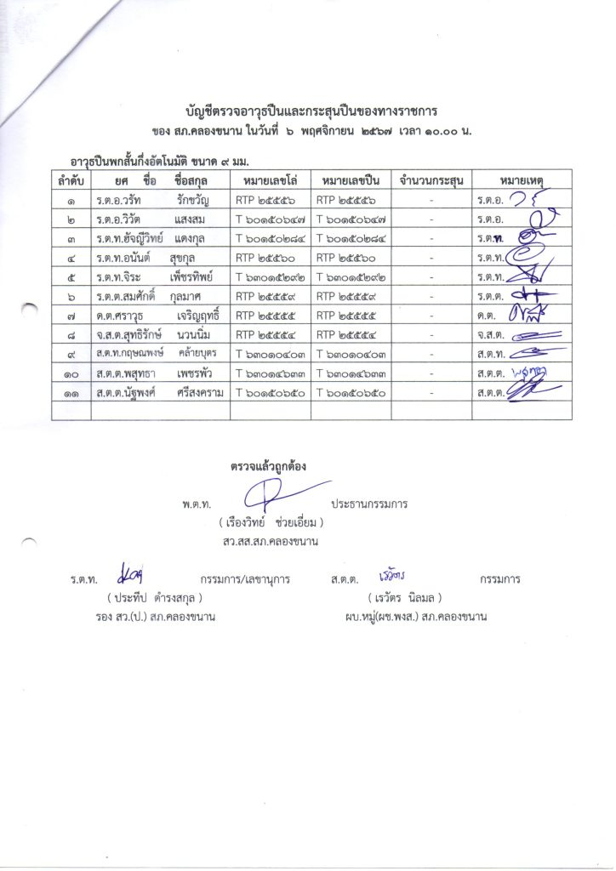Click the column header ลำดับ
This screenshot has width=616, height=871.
pos(71,180)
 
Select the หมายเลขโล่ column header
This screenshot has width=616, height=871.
pos(270,180)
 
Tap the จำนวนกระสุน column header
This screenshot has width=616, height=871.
pos(431,180)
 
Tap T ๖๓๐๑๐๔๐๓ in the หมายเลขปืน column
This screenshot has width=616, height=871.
pos(351,353)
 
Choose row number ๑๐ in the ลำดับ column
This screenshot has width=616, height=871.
pos(71,373)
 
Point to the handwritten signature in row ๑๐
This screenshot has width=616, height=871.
pos(529,371)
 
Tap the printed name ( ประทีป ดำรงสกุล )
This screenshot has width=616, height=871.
pos(154,597)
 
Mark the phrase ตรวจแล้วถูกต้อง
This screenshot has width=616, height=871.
pos(268,466)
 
